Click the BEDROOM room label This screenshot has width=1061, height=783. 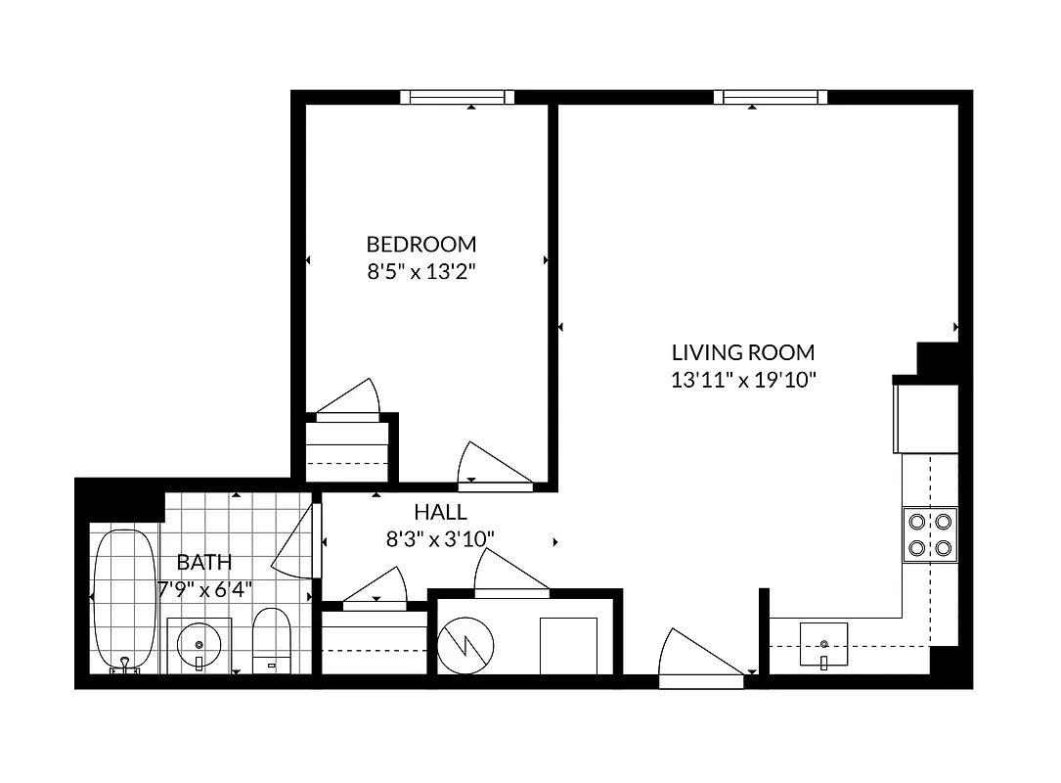point(421,244)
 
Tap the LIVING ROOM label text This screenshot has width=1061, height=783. point(743,352)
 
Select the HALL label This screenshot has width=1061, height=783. point(440,511)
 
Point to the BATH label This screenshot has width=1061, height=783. point(204,563)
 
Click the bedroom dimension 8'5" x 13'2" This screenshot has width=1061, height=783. point(421,272)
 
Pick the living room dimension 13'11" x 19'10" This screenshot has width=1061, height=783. point(743,380)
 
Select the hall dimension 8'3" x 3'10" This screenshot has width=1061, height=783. point(440,537)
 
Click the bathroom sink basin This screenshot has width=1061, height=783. point(199,644)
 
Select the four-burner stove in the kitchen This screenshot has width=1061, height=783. point(930,533)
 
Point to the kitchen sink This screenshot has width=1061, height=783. point(825,645)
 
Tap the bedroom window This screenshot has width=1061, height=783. point(458,96)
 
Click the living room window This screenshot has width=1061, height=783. point(771,96)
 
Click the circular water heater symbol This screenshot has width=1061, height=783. point(465,646)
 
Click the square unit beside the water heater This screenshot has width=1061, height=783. point(568,645)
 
